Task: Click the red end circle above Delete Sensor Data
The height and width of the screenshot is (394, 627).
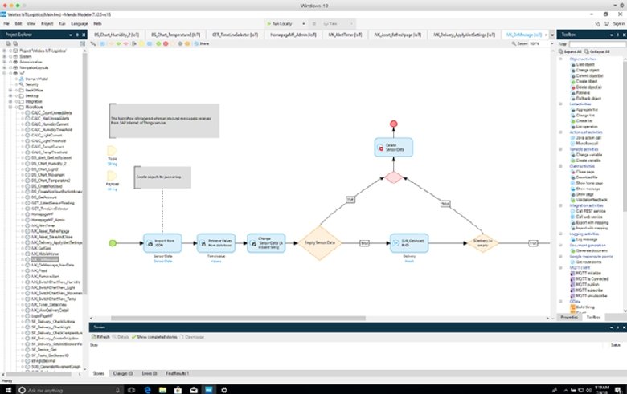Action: [x=394, y=125]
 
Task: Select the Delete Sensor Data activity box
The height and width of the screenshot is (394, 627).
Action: [x=394, y=148]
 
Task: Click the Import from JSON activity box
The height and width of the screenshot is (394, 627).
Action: [x=159, y=242]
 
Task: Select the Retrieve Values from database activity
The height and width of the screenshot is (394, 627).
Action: [x=211, y=242]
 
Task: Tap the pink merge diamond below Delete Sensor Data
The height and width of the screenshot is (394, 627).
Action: [x=394, y=177]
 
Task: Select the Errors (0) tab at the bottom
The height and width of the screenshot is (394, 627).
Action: [x=149, y=374]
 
